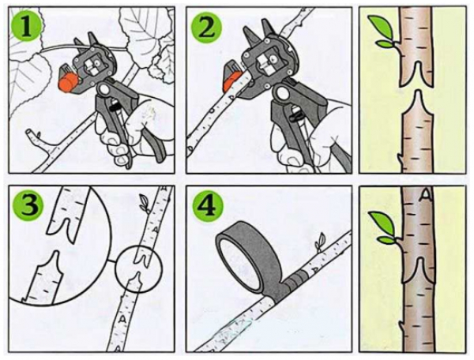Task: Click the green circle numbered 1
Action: point(26,27)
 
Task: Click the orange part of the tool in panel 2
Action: point(232,78)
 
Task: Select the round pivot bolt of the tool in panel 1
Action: point(103,89)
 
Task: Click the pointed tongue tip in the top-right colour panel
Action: point(417,92)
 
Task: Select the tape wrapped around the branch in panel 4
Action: point(295,280)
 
